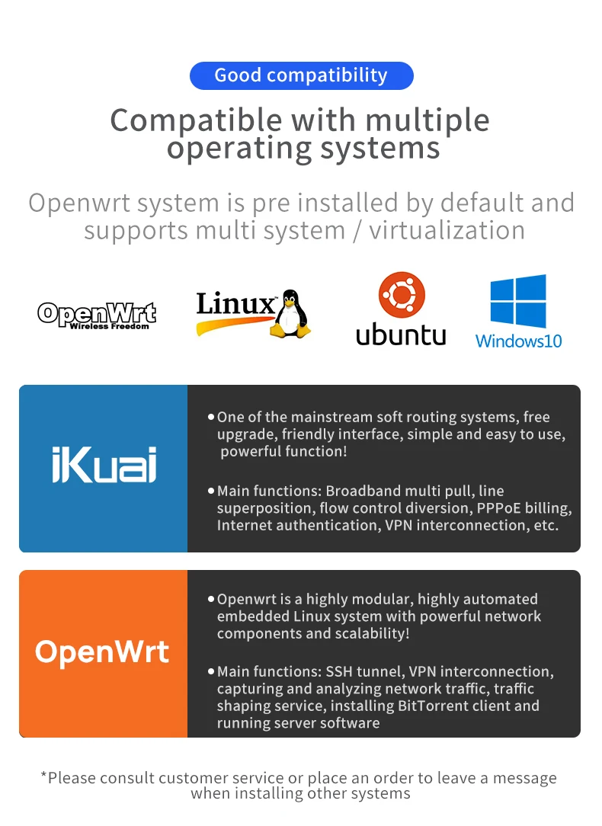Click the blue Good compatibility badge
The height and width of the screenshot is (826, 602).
pyautogui.click(x=301, y=75)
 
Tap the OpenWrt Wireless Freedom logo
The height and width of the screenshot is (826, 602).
pyautogui.click(x=97, y=315)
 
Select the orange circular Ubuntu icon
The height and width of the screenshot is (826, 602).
pyautogui.click(x=402, y=294)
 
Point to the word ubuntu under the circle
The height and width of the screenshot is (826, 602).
pyautogui.click(x=401, y=335)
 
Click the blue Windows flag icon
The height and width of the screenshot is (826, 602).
pyautogui.click(x=518, y=301)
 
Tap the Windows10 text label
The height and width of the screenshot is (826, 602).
pyautogui.click(x=519, y=341)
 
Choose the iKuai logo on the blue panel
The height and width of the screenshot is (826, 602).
pyautogui.click(x=104, y=465)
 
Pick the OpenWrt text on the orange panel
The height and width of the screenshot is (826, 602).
pyautogui.click(x=102, y=652)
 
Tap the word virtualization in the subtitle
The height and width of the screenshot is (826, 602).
pyautogui.click(x=447, y=230)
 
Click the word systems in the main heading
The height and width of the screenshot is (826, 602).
pyautogui.click(x=380, y=149)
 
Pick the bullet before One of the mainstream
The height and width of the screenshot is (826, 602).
pyautogui.click(x=210, y=417)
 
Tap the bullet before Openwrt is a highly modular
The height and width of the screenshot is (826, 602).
pyautogui.click(x=210, y=599)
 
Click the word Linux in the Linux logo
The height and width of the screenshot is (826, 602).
pyautogui.click(x=235, y=304)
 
